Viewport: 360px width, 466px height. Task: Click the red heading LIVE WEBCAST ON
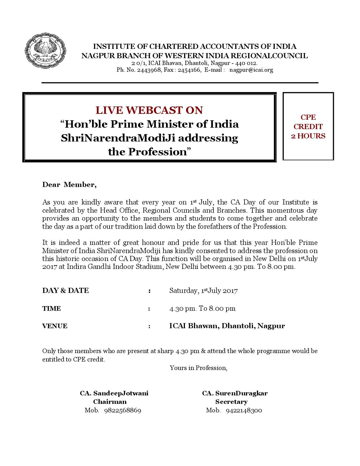pos(149,110)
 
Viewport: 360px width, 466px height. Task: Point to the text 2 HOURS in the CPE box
pos(308,136)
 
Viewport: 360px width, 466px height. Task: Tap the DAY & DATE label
pos(65,291)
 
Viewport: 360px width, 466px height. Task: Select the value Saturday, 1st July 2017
pos(203,291)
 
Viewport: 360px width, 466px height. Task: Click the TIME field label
pos(52,308)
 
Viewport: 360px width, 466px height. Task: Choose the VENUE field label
pos(55,326)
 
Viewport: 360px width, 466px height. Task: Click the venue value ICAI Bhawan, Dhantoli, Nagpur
pos(227,326)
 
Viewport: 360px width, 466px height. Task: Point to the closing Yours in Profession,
pos(199,367)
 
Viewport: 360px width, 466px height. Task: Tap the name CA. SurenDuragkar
pos(235,393)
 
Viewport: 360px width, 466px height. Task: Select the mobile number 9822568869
pos(122,411)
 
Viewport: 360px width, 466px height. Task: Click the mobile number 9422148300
pos(244,411)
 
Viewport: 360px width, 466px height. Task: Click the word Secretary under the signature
pos(231,402)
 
